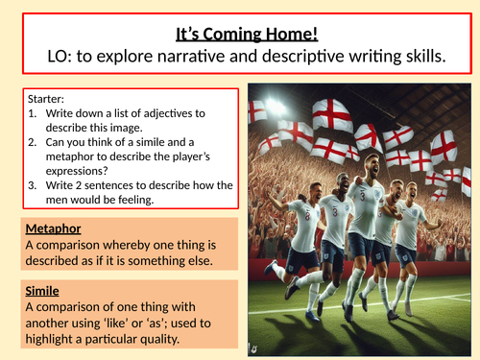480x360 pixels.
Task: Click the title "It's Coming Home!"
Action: tap(246, 36)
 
